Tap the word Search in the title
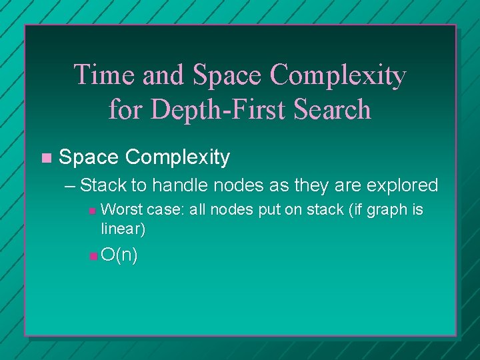pyautogui.click(x=334, y=109)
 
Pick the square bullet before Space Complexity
pyautogui.click(x=45, y=158)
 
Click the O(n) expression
pyautogui.click(x=120, y=255)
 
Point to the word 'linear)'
pyautogui.click(x=123, y=229)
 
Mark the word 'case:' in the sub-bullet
pyautogui.click(x=165, y=210)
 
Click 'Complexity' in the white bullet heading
pyautogui.click(x=177, y=158)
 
